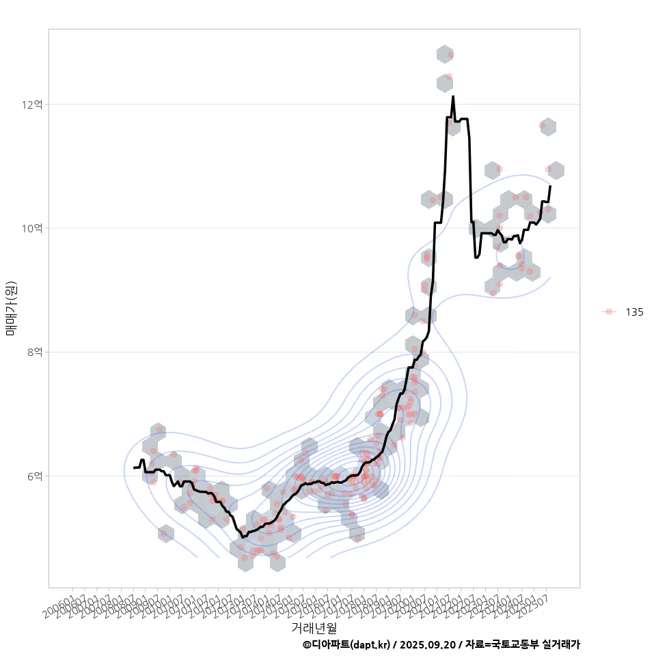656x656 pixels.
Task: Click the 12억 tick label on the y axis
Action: tap(32, 105)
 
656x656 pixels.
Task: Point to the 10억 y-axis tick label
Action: tap(32, 228)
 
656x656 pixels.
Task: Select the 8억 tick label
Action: tap(35, 352)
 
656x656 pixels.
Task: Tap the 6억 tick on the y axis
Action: tap(35, 476)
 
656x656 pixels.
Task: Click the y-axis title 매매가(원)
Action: tap(11, 308)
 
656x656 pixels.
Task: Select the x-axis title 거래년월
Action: tap(314, 627)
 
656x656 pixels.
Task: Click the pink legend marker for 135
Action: tap(608, 312)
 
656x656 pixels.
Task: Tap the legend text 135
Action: tap(634, 312)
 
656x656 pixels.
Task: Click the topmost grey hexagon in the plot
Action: tap(445, 53)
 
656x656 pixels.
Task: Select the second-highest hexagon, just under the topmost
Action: tap(445, 83)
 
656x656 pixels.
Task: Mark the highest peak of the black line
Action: tap(453, 96)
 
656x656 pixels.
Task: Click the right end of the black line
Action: tap(550, 186)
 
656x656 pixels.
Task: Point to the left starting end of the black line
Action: tap(134, 467)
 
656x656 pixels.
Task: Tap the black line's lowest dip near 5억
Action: tap(243, 537)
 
